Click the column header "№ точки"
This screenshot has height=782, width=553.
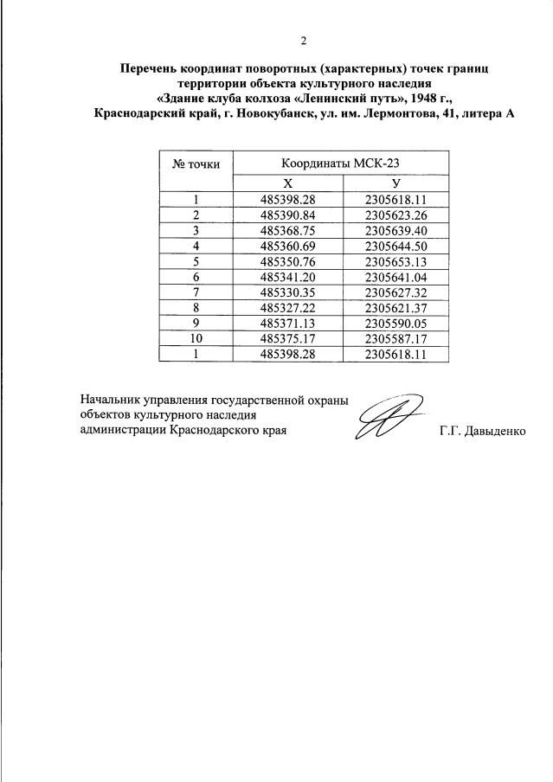[x=197, y=162]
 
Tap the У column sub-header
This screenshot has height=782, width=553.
[x=396, y=183]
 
